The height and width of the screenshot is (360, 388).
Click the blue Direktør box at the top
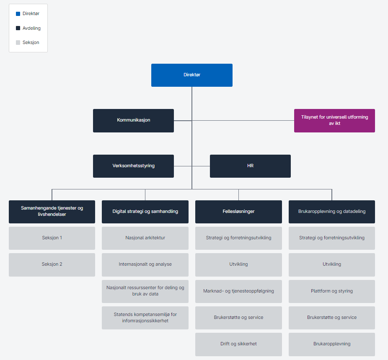coord(191,75)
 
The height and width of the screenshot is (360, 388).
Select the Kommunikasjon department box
coord(133,120)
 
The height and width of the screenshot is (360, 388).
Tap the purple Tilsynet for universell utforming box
coord(334,120)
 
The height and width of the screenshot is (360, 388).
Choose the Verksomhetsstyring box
coord(133,166)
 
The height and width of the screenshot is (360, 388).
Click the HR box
coord(250,166)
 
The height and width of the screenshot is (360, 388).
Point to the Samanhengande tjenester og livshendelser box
coord(52,211)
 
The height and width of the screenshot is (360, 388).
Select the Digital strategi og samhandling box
coord(145,211)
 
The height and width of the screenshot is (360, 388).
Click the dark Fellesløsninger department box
coord(238,211)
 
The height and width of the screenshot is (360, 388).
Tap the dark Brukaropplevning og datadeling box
coord(331,211)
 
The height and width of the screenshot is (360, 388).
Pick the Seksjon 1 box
coord(52,238)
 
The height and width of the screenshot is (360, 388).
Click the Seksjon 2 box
coord(52,264)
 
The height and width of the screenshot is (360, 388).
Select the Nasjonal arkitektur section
coord(145,238)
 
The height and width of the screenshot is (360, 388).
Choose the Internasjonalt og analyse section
coord(145,264)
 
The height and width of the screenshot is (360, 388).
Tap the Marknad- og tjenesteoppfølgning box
coord(238,291)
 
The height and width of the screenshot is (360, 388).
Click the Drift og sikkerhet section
coord(238,344)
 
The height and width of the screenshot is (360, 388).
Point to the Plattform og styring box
coord(331,291)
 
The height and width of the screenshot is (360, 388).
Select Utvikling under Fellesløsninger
coord(238,264)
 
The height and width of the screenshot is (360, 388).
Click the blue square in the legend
coord(18,14)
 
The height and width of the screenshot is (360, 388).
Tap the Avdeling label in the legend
coord(31,28)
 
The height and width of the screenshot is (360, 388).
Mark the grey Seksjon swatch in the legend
coord(18,42)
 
